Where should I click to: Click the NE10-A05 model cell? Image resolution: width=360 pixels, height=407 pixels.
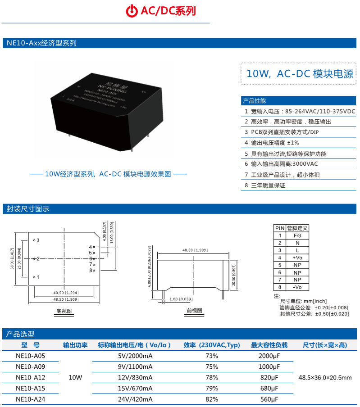coord(31,356)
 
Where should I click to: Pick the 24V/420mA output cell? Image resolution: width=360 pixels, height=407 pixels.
coord(135,399)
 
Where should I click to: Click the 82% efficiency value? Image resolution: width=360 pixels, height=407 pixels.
coord(212,399)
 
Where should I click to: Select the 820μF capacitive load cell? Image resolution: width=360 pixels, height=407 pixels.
coord(269,377)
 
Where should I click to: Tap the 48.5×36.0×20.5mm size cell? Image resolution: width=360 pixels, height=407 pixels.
coord(325,377)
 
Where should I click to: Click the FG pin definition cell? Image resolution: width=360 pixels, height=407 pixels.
coord(297,235)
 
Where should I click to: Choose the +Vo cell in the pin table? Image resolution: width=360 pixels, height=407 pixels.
coord(297,258)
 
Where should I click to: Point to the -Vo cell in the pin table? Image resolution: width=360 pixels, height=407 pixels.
coord(297,287)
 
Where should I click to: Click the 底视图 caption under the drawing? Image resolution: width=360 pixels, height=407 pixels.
coord(64,311)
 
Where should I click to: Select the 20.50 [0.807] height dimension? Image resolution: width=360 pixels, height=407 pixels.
coord(233,275)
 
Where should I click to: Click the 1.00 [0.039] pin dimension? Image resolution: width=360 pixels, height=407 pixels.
coord(181,299)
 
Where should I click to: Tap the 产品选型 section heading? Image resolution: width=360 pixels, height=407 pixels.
coord(20,334)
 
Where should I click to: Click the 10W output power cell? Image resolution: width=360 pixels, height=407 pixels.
coord(75,377)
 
